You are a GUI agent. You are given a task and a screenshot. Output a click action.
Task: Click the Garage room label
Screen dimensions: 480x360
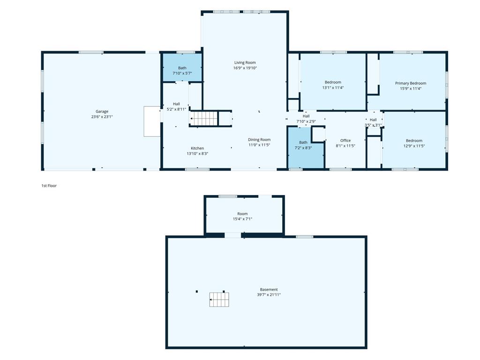point(102,112)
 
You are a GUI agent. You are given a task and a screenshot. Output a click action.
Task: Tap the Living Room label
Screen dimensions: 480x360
point(245,62)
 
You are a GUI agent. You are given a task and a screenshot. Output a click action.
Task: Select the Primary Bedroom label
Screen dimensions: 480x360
point(411,83)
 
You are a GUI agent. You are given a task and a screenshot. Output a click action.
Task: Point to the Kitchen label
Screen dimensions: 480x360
point(197,148)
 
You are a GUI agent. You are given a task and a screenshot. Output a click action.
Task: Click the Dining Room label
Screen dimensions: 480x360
point(259,140)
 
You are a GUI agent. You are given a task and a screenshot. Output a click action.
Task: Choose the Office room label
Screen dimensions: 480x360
point(345,141)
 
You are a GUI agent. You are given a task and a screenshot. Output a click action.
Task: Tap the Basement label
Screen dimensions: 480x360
point(269,289)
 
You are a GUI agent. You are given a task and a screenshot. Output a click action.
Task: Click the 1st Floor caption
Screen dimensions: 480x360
point(49,186)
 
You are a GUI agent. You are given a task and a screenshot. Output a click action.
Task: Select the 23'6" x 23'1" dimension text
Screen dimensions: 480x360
point(102,117)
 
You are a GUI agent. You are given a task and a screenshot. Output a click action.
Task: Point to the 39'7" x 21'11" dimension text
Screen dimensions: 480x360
point(269,294)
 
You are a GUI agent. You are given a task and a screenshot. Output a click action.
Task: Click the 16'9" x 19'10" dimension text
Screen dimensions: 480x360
point(245,68)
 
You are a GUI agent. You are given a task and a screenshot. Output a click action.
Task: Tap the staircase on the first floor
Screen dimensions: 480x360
point(204,119)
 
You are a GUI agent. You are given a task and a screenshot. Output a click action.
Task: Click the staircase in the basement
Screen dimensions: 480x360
point(219,300)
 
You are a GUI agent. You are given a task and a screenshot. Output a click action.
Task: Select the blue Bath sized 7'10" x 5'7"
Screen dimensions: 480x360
point(182,67)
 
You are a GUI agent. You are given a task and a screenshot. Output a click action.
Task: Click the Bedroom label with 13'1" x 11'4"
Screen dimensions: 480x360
point(333,82)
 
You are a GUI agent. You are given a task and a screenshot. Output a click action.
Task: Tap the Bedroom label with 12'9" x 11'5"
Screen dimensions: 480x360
point(414,141)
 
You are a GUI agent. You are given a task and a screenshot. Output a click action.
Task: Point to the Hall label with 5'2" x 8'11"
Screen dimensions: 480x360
point(176,104)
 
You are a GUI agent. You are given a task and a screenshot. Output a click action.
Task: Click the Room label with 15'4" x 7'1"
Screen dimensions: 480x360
point(242,214)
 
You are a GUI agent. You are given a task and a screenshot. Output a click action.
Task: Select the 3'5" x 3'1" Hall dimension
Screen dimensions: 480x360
point(373,125)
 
